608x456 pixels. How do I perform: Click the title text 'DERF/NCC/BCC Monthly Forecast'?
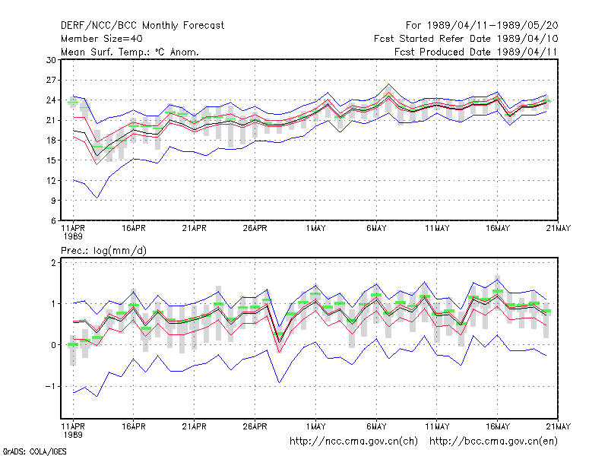point(142,26)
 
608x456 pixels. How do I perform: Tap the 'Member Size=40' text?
point(102,39)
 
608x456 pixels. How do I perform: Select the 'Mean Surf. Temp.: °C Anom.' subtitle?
point(130,52)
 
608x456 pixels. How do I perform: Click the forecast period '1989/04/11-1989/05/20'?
point(492,26)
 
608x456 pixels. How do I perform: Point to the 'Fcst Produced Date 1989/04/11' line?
point(476,52)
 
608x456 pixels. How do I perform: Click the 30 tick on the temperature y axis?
point(51,60)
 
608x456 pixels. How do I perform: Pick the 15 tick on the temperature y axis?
point(51,160)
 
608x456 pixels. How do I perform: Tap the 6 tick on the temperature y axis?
point(53,220)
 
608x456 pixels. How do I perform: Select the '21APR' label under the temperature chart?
point(195,229)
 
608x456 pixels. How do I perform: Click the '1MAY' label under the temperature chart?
point(315,229)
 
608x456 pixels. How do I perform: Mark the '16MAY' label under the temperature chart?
point(498,229)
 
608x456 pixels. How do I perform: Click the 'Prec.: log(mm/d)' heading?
point(103,251)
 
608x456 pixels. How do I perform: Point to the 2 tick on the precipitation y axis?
point(53,262)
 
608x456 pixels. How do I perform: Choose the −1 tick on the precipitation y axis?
point(50,387)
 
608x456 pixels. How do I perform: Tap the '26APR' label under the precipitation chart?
point(255,426)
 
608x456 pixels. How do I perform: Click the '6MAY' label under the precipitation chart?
point(376,426)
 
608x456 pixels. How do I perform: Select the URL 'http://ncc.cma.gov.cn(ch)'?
point(353,442)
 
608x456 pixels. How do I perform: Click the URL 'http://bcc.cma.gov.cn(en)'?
point(493,442)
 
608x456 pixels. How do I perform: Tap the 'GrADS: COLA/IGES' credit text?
point(34,451)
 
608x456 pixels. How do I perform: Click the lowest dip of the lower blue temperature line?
point(97,198)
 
